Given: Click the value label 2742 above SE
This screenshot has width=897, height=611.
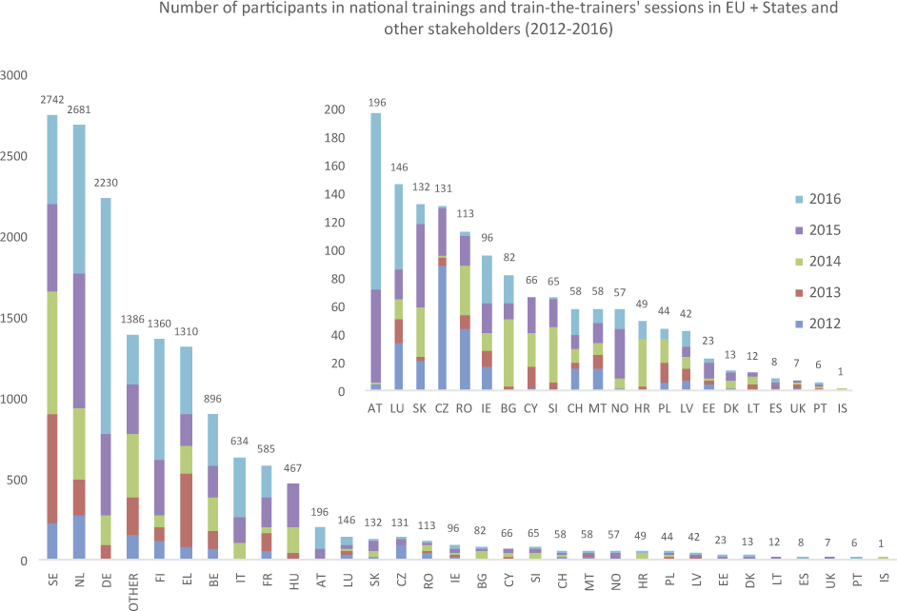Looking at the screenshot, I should point(52,100).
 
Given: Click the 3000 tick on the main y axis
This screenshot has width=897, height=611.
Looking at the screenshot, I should point(16,75).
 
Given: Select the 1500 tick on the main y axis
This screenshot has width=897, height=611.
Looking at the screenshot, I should point(16,318).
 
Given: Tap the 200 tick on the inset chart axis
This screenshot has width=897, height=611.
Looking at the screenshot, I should point(335,109).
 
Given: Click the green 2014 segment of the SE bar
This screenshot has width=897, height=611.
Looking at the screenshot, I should point(52,352).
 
